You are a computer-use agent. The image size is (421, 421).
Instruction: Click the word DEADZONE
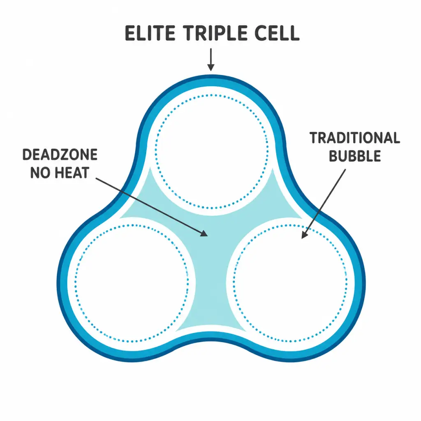click(x=60, y=155)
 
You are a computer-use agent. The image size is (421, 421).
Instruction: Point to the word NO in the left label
click(x=40, y=172)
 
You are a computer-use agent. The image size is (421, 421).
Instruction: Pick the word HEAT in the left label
click(x=72, y=172)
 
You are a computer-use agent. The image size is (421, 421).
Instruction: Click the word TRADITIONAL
click(x=355, y=138)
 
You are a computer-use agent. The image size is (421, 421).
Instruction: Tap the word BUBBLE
click(x=355, y=156)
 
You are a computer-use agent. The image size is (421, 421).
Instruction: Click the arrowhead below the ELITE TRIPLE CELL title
click(x=211, y=67)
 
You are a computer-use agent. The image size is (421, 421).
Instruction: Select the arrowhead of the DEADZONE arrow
click(x=204, y=234)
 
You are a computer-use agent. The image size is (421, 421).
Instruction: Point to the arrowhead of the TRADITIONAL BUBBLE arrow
click(x=304, y=234)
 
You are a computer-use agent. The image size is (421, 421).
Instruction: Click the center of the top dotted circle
click(x=212, y=151)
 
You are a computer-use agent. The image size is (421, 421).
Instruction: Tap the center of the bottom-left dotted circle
click(x=132, y=284)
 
